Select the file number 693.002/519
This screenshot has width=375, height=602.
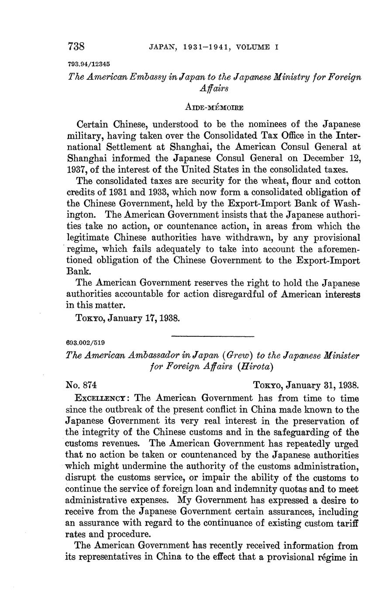(x=85, y=343)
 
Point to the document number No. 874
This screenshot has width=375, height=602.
(x=81, y=385)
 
